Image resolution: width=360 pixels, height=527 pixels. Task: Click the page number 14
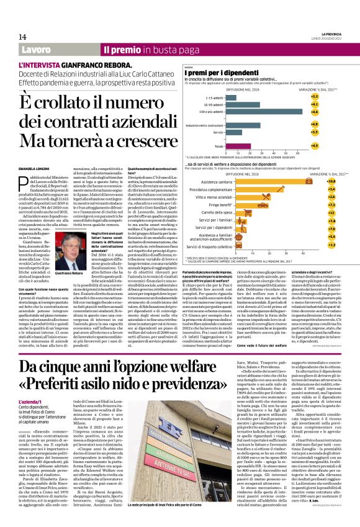pos(22,37)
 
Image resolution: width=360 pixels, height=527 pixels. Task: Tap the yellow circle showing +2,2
pos(314,97)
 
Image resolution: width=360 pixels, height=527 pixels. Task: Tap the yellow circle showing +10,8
pos(314,179)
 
